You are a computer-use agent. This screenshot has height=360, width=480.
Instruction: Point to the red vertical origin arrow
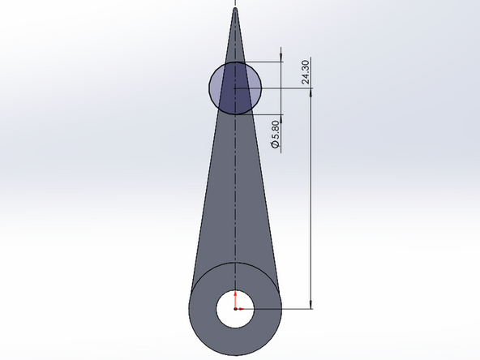235,298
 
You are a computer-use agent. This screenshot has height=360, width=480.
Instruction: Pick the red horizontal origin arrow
242,309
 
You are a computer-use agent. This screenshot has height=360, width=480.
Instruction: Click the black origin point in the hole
235,309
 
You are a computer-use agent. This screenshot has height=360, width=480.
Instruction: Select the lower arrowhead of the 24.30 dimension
312,304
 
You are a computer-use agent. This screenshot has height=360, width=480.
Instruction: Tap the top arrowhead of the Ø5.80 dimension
281,56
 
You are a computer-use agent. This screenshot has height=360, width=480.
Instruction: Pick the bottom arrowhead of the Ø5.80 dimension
281,118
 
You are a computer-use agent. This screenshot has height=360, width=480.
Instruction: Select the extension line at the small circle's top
259,61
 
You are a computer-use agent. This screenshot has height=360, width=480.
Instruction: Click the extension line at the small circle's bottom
259,114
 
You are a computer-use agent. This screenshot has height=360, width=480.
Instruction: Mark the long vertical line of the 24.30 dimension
312,203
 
